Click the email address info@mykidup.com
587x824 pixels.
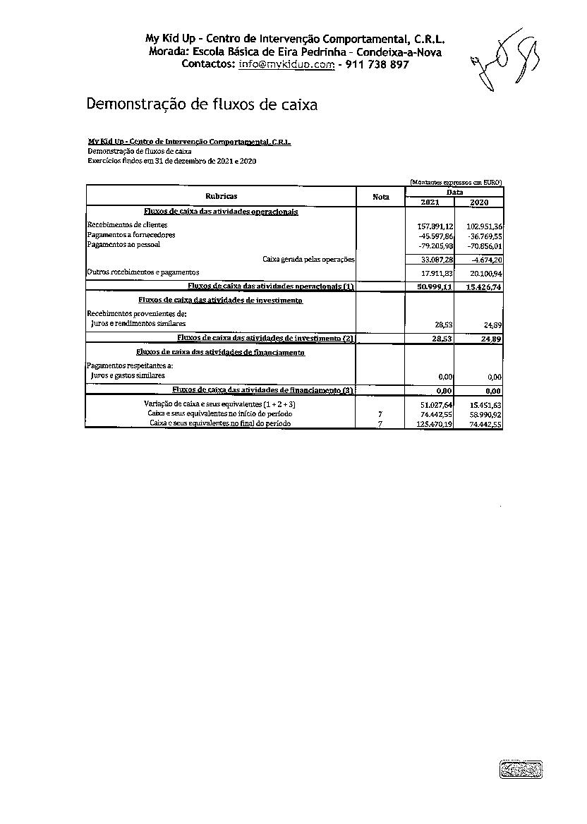tap(286, 64)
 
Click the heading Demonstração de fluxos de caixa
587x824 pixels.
tap(202, 104)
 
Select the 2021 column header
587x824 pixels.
tap(429, 202)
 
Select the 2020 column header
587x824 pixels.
tap(478, 202)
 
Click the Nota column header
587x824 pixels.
tap(381, 197)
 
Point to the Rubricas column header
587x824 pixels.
tap(221, 196)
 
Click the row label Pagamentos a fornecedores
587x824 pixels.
tap(131, 235)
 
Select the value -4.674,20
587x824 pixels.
tap(485, 260)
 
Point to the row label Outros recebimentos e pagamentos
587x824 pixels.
tap(143, 272)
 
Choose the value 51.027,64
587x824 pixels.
tap(436, 404)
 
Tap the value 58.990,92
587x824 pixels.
tap(485, 414)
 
